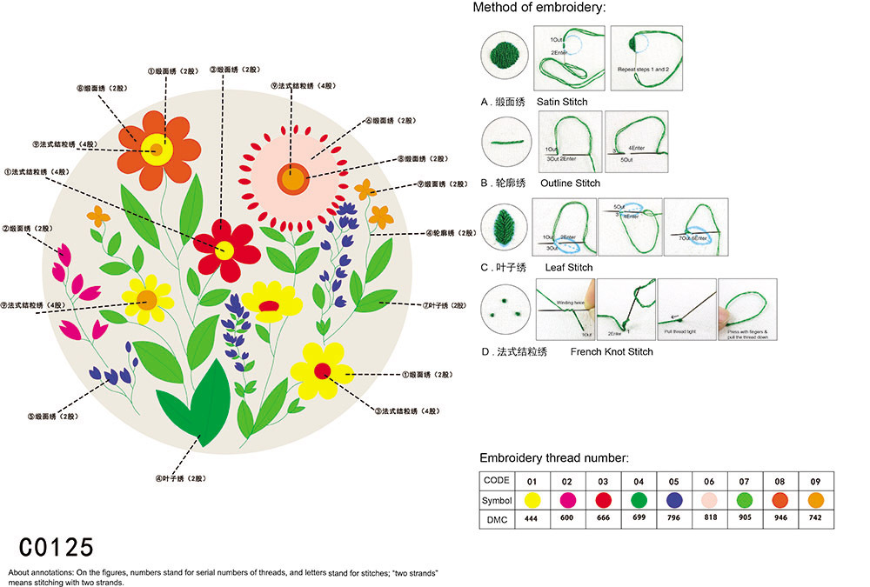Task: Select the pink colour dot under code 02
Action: [567, 500]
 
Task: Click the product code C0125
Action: [56, 547]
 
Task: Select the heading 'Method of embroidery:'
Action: [539, 8]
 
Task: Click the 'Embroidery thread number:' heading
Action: [554, 457]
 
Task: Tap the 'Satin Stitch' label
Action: [562, 102]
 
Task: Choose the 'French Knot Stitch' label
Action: [612, 351]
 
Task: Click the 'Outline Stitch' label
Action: [570, 183]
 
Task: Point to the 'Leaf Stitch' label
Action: [569, 267]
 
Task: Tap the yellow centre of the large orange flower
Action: [157, 150]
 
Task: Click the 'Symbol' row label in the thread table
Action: [496, 500]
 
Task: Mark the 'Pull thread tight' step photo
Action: [686, 309]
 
